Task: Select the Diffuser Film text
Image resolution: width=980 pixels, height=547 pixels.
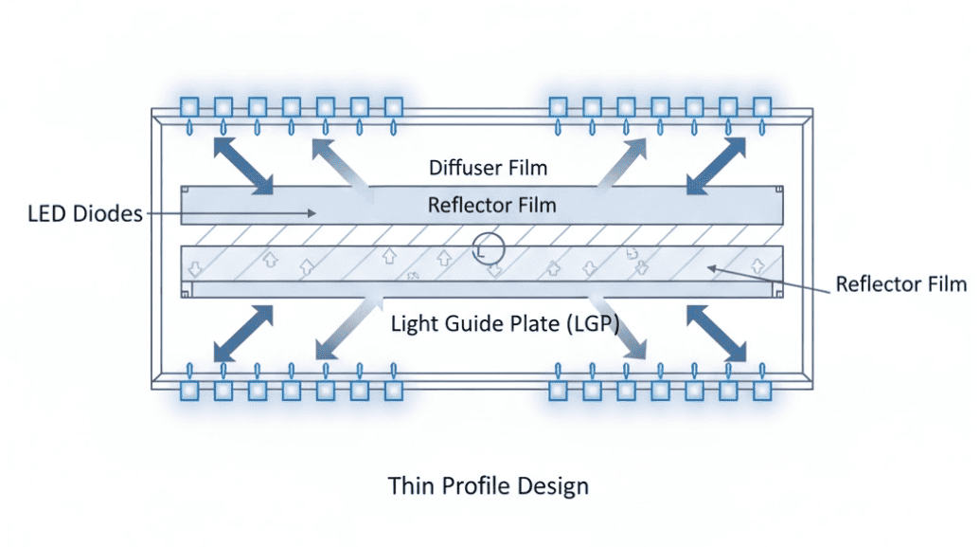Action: (x=488, y=169)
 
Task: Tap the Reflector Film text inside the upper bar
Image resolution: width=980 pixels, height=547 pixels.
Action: (x=491, y=204)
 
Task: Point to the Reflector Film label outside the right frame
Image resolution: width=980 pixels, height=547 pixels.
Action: (x=900, y=284)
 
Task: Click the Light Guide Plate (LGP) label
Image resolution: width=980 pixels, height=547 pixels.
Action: (x=505, y=324)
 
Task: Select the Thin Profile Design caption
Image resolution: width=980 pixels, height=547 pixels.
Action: (x=488, y=486)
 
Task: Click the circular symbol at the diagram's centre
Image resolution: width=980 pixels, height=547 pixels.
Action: (x=490, y=250)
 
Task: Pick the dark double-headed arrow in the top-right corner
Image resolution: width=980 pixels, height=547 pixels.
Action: (x=718, y=165)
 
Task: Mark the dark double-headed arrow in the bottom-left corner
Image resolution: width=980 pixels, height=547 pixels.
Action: (x=242, y=333)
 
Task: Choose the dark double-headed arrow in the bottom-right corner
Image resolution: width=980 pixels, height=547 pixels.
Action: (x=718, y=333)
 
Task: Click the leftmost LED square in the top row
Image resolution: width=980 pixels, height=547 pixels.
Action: (x=190, y=106)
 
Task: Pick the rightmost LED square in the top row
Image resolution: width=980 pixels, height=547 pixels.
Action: (x=763, y=106)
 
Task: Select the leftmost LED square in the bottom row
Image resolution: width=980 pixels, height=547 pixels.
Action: (x=190, y=389)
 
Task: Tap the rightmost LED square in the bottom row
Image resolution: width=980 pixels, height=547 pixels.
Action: (x=763, y=389)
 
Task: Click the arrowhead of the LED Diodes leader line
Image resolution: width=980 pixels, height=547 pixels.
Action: (x=312, y=215)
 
